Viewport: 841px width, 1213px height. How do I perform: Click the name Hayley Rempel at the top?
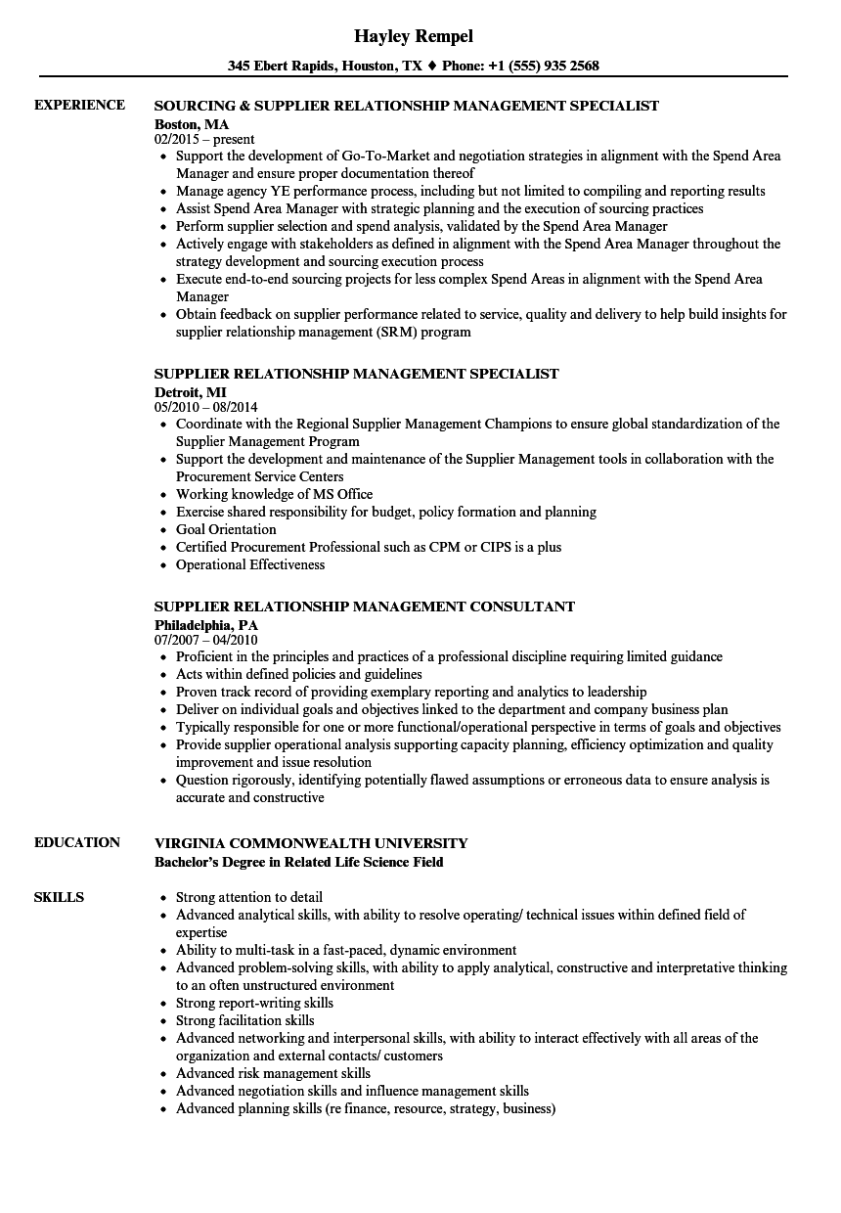click(x=413, y=36)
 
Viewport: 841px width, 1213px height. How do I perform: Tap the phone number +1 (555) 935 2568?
click(x=545, y=67)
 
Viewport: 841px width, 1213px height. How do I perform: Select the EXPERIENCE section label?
click(x=79, y=105)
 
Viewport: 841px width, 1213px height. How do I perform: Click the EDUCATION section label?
click(x=77, y=842)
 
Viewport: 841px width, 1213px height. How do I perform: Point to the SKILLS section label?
click(x=59, y=897)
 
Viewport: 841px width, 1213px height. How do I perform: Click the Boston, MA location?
click(x=192, y=123)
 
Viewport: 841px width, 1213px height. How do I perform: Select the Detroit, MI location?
click(x=190, y=391)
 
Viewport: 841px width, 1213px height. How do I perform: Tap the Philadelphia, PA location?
click(x=205, y=624)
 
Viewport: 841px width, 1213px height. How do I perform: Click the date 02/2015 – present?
click(x=204, y=139)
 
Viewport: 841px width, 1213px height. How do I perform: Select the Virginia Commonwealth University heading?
click(x=311, y=843)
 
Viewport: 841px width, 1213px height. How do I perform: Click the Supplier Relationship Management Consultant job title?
click(x=365, y=606)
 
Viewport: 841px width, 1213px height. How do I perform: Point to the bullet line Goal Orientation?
click(x=226, y=529)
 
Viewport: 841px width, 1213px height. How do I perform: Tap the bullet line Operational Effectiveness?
click(x=250, y=564)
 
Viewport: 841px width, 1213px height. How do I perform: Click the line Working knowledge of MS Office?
click(x=274, y=494)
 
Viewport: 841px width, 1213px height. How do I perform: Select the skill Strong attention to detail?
click(x=249, y=897)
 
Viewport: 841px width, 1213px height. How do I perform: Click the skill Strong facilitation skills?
click(x=245, y=1020)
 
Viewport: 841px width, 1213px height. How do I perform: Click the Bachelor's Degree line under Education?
click(x=298, y=862)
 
